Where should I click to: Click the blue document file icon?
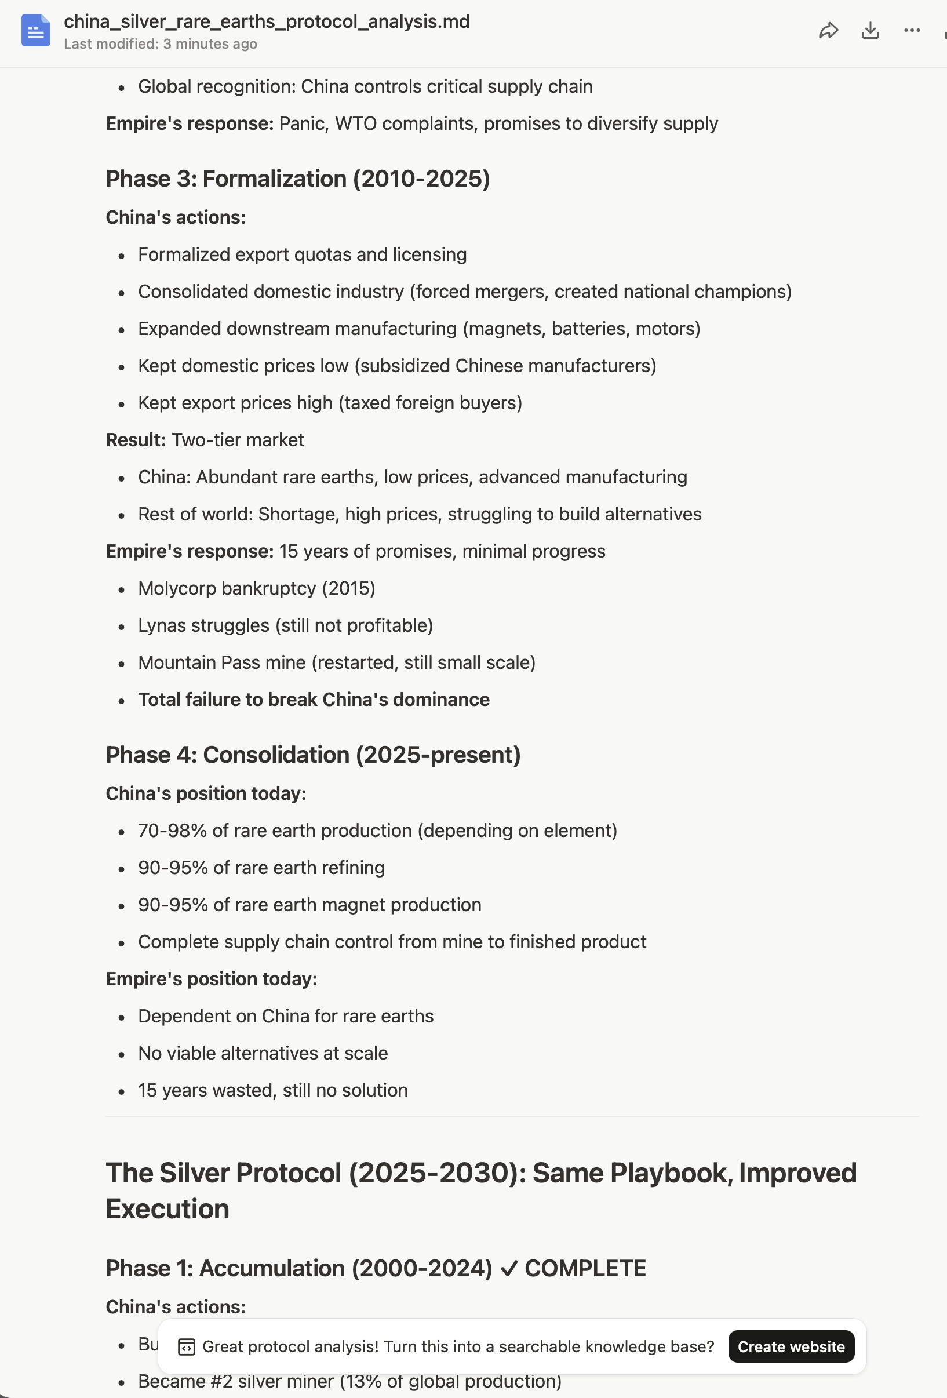click(35, 31)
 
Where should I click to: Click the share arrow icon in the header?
click(828, 31)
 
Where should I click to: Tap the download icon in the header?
click(870, 31)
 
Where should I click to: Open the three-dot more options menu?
click(912, 31)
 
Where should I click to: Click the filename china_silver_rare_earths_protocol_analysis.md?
click(267, 21)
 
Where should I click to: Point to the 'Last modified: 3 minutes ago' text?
click(161, 44)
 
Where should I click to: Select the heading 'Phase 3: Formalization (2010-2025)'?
click(298, 179)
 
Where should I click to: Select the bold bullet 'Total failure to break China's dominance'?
click(314, 700)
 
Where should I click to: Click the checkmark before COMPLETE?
click(509, 1269)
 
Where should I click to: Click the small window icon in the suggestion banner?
click(187, 1347)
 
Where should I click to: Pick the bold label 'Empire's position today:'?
click(211, 979)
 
